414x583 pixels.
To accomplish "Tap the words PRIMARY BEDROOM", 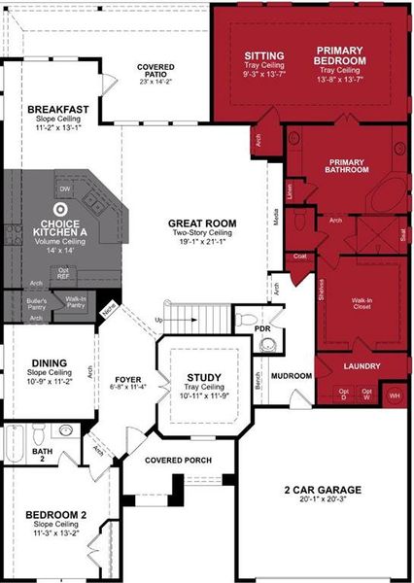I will [341, 55].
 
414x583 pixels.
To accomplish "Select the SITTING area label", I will [263, 55].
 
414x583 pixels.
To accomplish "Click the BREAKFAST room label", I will [58, 109].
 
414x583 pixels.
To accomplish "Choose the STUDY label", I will [203, 377].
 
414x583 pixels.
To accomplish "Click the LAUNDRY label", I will [362, 366].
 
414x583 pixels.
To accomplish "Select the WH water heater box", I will [394, 395].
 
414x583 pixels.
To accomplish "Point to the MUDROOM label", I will [291, 376].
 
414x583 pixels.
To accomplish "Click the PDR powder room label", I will [261, 329].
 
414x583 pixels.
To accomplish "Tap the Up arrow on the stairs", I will [157, 319].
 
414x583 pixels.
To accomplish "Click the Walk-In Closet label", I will [362, 306].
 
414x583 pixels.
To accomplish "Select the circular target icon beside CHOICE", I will [61, 207].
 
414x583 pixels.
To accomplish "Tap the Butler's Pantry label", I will [37, 305].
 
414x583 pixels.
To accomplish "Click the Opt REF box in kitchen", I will [63, 273].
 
